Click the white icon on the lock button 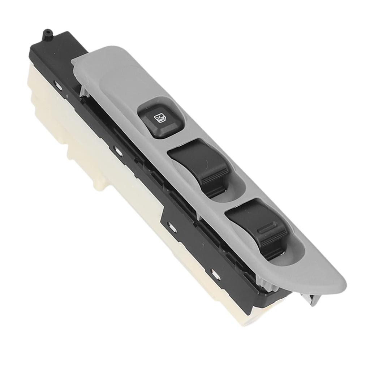159,118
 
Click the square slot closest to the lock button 117,149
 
